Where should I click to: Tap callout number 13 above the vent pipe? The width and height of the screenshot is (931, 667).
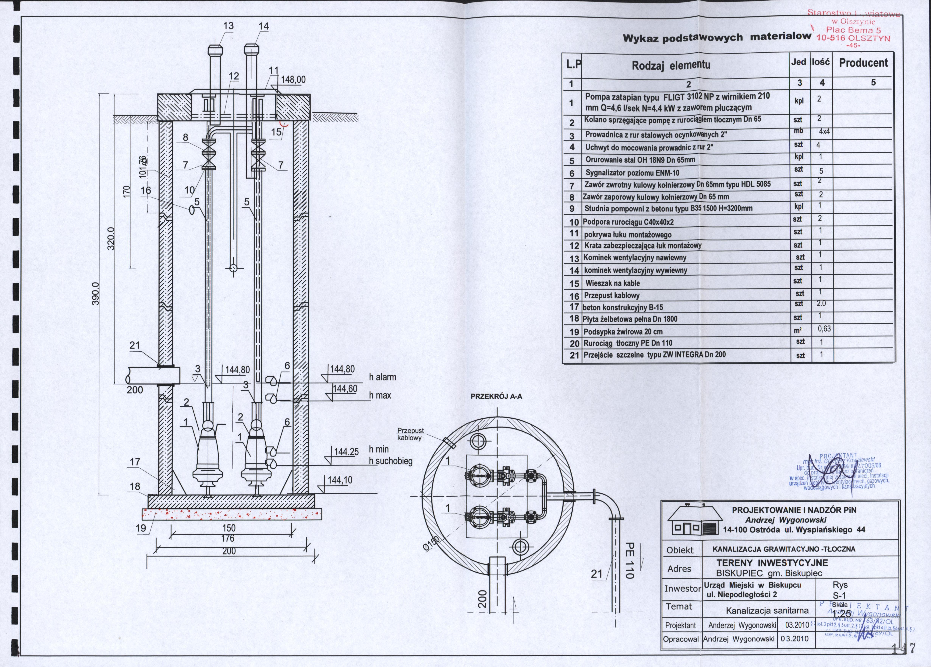click(228, 26)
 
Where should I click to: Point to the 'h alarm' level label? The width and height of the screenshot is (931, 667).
click(383, 377)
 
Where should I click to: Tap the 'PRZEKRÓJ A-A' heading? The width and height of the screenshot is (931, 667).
click(496, 397)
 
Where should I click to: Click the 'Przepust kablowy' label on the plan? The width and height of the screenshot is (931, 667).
click(410, 434)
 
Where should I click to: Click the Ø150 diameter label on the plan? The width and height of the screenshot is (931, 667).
click(431, 545)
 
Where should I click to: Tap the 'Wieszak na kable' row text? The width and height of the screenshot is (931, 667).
click(612, 283)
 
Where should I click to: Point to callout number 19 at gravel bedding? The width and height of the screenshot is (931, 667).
click(141, 528)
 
